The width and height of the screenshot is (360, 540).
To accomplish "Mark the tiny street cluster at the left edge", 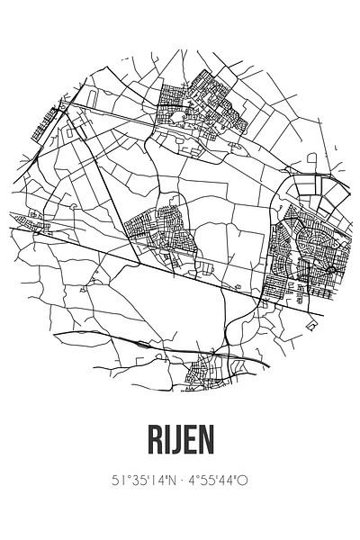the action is (x=33, y=215).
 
